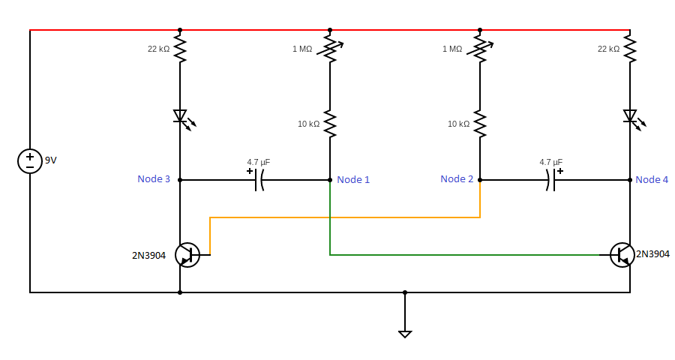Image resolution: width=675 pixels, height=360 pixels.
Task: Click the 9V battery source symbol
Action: [30, 161]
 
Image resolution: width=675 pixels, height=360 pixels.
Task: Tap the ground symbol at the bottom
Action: [405, 332]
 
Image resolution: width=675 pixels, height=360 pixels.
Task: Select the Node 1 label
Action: [353, 180]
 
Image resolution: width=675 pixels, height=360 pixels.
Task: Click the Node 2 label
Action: [457, 179]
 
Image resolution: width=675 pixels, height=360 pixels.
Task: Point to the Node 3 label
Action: [154, 179]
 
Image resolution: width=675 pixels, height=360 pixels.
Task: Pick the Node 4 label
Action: [652, 180]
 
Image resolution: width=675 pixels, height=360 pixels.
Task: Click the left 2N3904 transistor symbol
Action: [187, 255]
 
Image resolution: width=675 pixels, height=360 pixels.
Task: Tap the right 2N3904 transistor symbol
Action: [622, 255]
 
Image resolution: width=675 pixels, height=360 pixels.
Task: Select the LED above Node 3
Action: [181, 117]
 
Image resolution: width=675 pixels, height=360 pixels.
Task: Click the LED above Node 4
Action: [631, 117]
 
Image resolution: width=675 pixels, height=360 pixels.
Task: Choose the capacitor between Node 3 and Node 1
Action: [259, 180]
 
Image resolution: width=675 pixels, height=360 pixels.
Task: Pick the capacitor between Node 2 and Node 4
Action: [550, 180]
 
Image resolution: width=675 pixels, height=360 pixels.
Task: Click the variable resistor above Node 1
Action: [330, 49]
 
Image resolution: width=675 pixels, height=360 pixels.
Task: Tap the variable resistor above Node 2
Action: [480, 49]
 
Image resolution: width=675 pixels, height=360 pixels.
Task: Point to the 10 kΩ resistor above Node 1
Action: [330, 124]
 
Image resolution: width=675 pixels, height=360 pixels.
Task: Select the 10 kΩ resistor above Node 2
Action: [480, 124]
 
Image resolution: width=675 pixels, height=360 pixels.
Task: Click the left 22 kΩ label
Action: [158, 49]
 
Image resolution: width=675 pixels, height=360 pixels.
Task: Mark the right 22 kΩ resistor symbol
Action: [630, 49]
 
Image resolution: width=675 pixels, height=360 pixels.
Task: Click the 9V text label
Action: [51, 160]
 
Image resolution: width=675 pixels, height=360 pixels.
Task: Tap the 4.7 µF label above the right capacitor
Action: [550, 162]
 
